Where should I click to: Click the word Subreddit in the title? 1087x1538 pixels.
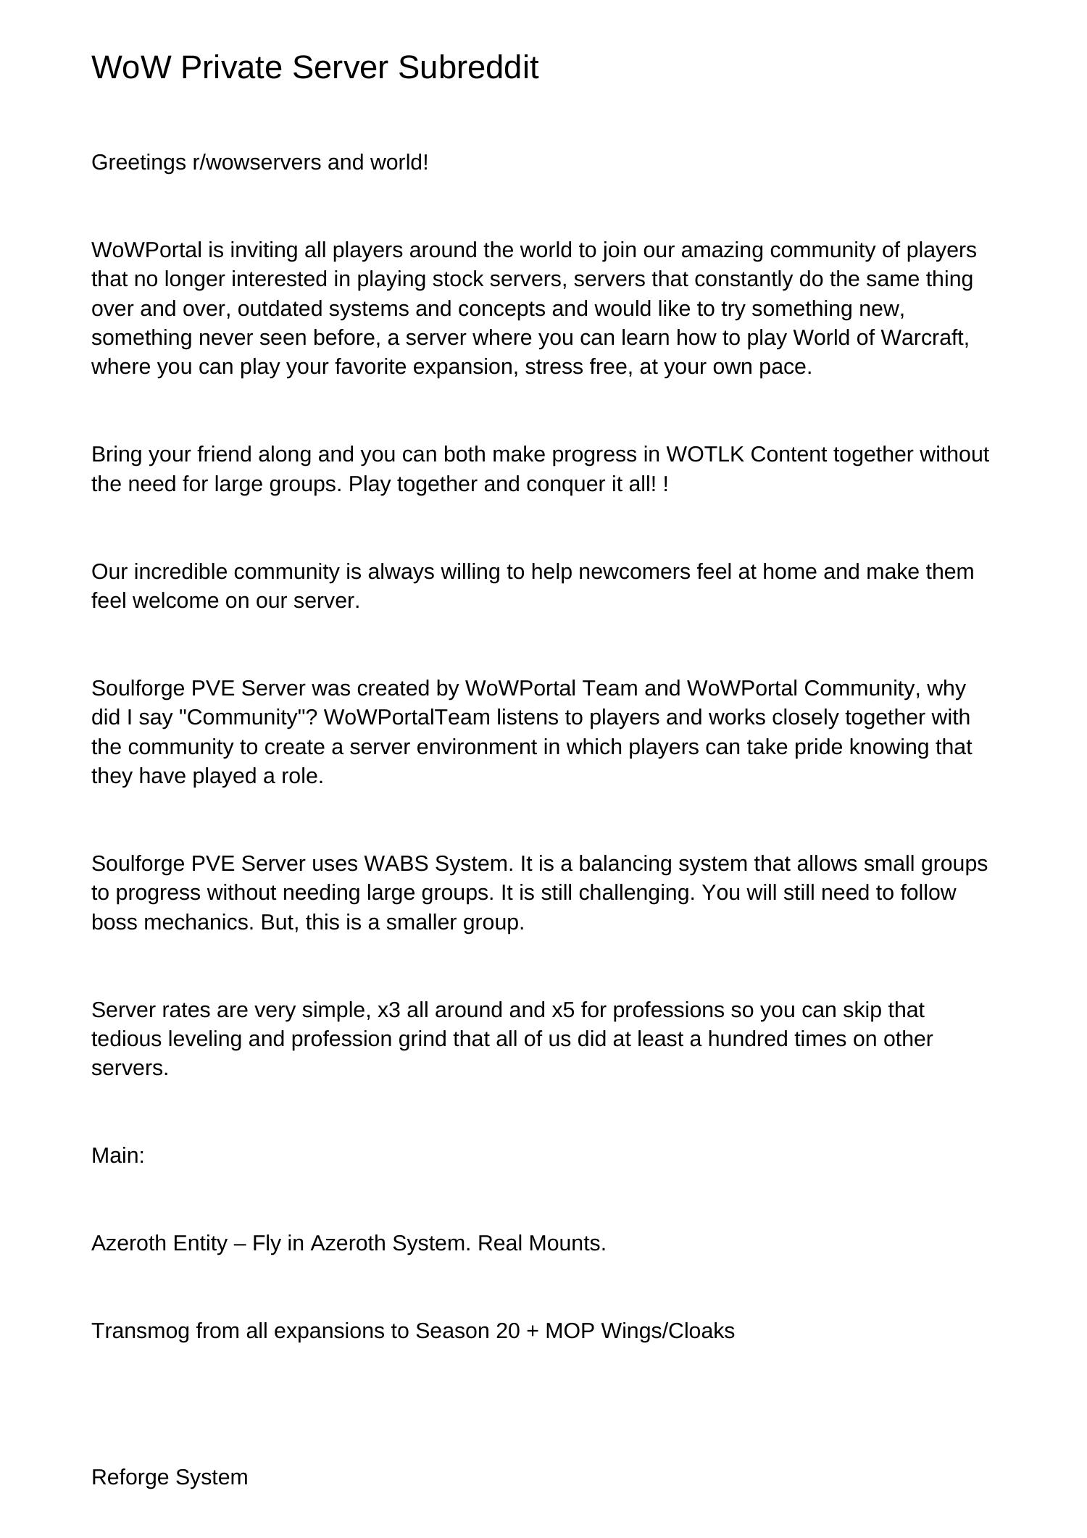pos(468,67)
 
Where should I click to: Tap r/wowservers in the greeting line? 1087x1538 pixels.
pos(257,162)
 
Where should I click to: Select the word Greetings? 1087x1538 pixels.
pos(138,162)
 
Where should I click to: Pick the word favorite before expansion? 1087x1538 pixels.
pos(372,367)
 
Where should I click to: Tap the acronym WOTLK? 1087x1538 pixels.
pos(705,454)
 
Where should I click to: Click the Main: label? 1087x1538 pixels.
pos(118,1155)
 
